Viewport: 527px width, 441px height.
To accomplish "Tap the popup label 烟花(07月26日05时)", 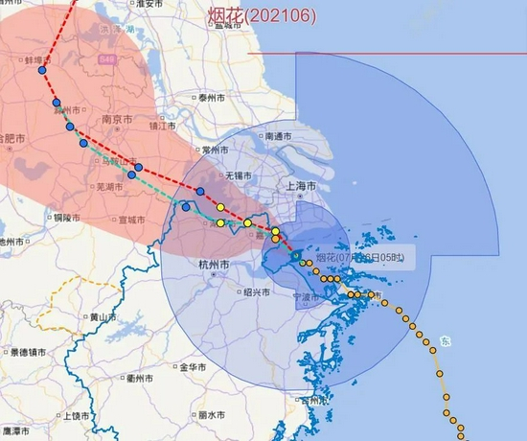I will point(358,258).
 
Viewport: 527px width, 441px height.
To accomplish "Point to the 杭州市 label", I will point(211,265).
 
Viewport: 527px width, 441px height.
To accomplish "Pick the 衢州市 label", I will point(142,378).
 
